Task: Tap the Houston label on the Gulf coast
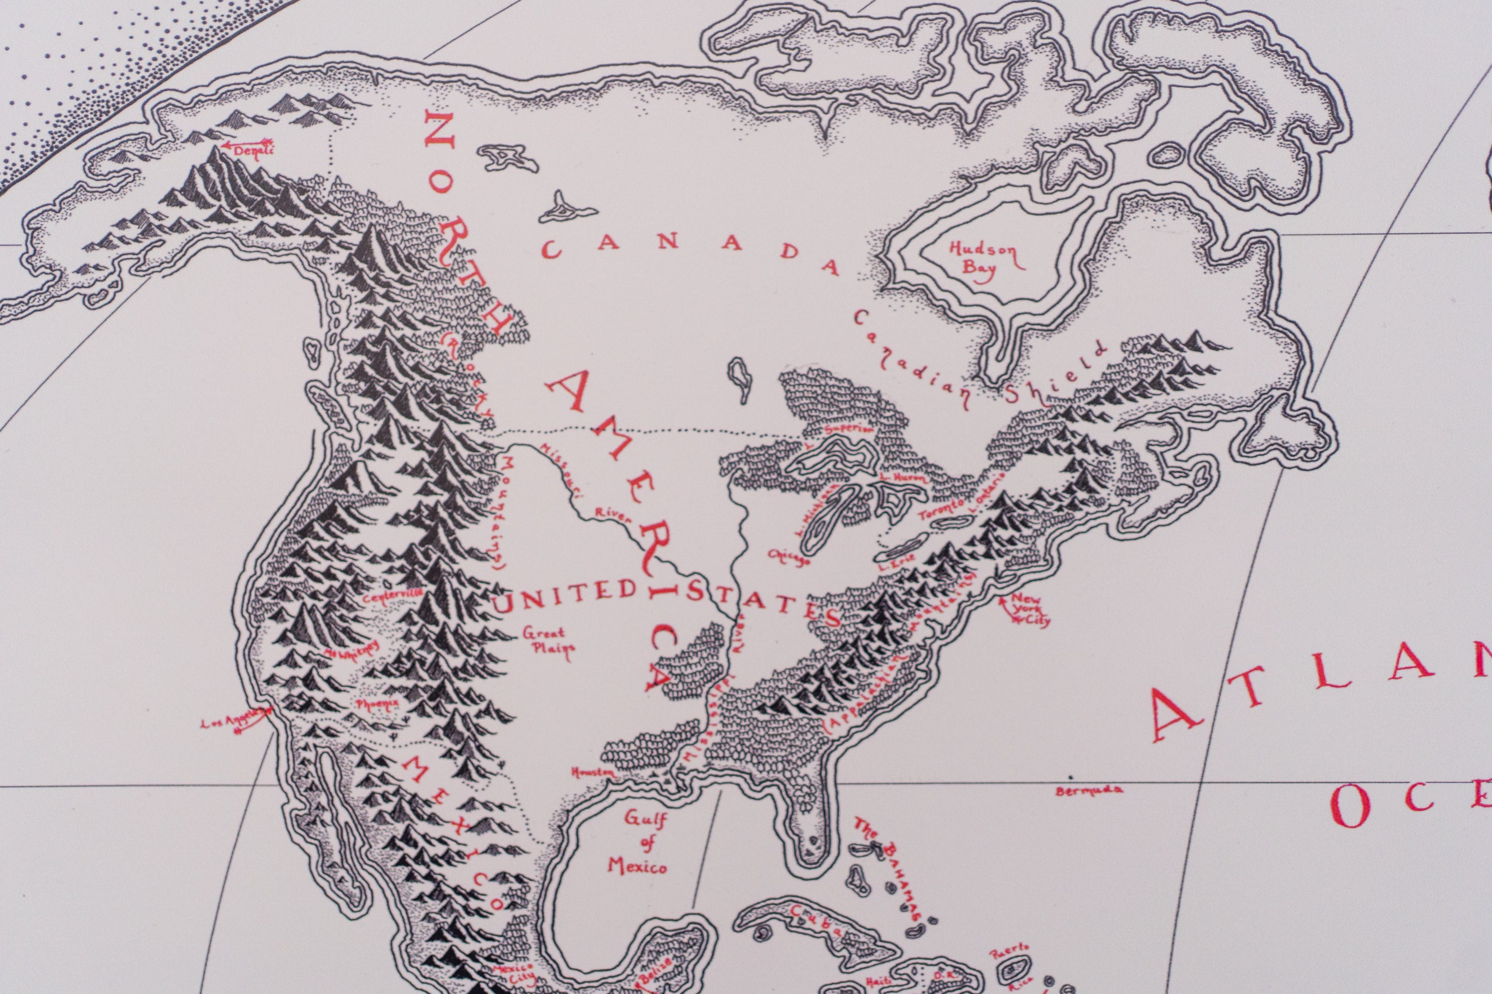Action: [593, 773]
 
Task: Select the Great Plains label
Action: [548, 641]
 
